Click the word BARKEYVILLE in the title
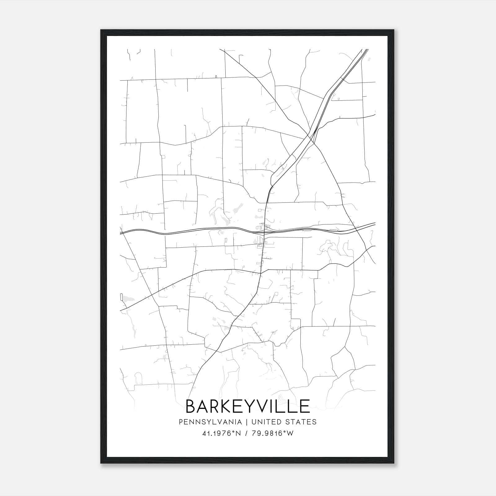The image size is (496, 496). (248, 406)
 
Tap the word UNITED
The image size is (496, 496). (266, 422)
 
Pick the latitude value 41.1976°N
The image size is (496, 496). (221, 433)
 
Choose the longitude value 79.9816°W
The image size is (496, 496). (272, 433)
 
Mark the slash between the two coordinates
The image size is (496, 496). (246, 433)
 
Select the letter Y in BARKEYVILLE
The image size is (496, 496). (252, 406)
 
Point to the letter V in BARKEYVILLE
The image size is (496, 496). (265, 406)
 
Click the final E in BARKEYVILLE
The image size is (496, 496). (305, 406)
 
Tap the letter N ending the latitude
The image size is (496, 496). (238, 433)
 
